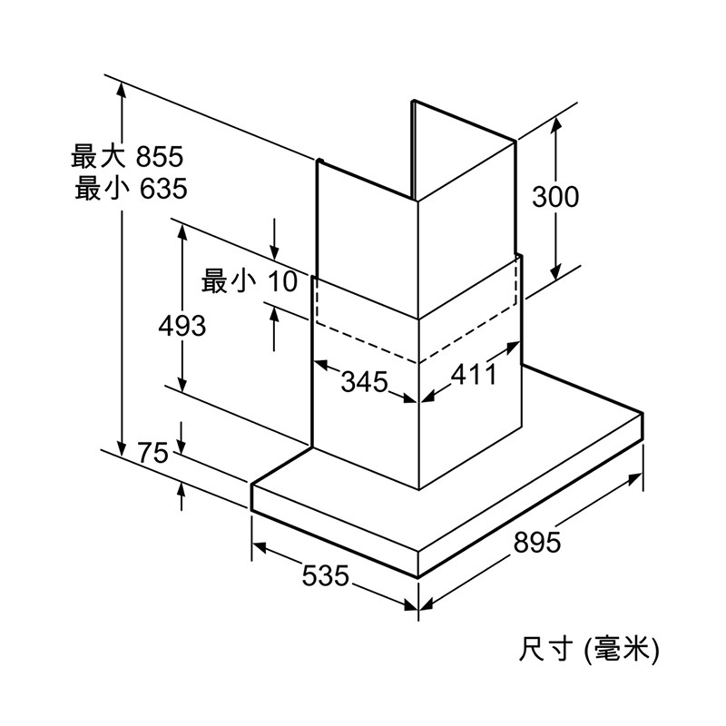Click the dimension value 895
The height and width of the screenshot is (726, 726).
click(x=536, y=542)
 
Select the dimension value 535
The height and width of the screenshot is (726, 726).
click(x=325, y=575)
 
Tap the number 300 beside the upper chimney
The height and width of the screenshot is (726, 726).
click(x=555, y=196)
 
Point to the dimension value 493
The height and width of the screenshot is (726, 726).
click(x=182, y=326)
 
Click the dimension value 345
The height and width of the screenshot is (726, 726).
click(x=365, y=382)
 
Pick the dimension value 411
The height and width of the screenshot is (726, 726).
click(x=474, y=374)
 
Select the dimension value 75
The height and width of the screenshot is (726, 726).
click(x=153, y=452)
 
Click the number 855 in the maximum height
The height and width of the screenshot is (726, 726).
click(x=160, y=156)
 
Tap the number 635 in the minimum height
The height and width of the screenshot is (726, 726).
click(x=163, y=189)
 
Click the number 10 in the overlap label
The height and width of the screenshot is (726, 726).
click(x=282, y=281)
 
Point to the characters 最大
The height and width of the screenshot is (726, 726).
click(x=98, y=156)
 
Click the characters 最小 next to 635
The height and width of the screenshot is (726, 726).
click(x=102, y=188)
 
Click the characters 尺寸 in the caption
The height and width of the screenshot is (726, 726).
click(x=546, y=649)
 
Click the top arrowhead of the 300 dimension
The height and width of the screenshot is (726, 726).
click(x=555, y=123)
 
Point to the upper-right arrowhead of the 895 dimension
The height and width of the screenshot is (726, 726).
click(x=634, y=479)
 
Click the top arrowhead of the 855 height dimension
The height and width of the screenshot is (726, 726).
click(x=122, y=89)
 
